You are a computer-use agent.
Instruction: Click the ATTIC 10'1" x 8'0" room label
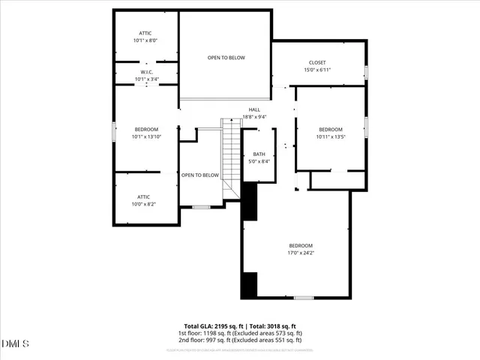click(x=145, y=37)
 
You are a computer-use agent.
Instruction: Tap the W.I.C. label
click(x=145, y=76)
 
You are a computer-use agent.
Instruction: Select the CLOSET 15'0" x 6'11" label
click(x=317, y=66)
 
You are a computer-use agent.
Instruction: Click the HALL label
click(x=255, y=113)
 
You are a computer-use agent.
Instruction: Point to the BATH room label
click(x=259, y=157)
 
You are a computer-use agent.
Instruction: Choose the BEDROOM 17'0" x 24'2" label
click(x=301, y=249)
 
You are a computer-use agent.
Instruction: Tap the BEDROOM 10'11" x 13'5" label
click(x=330, y=133)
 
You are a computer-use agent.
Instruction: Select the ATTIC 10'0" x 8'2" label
click(x=143, y=200)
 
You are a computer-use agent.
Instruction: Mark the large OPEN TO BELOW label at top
click(x=226, y=58)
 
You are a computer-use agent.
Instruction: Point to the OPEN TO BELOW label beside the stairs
click(x=200, y=175)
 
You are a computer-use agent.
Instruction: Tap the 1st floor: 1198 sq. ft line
click(x=239, y=333)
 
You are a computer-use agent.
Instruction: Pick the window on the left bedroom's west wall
click(x=113, y=132)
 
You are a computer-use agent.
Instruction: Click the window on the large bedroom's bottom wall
click(x=303, y=298)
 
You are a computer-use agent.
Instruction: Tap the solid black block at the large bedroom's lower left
click(x=248, y=285)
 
